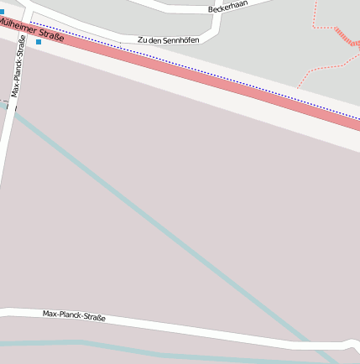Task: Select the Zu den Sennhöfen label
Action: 169,39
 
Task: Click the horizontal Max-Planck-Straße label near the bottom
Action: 74,316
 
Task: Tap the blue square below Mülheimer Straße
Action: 39,41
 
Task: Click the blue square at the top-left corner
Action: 2,12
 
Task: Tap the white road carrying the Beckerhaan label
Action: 168,5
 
